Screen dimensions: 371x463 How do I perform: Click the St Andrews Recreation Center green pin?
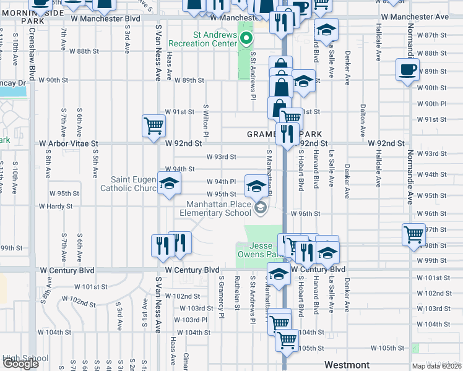click(246, 41)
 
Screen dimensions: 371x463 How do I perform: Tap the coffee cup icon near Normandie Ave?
click(407, 69)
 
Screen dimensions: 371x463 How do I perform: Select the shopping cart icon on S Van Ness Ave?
click(153, 126)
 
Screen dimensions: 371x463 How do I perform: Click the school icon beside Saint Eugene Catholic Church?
click(168, 184)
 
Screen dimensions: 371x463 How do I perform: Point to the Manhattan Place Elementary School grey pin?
click(261, 208)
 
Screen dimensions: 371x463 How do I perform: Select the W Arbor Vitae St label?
click(68, 143)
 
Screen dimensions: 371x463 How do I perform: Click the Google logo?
click(20, 364)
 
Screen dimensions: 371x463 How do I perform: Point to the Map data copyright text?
click(437, 366)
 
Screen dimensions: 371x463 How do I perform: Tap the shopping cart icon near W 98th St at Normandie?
click(413, 234)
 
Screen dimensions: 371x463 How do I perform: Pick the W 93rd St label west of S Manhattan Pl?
click(221, 156)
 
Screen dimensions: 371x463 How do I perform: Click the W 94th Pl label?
click(221, 182)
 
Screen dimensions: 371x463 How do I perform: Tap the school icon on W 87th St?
click(326, 29)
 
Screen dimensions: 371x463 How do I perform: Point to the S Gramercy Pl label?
click(220, 294)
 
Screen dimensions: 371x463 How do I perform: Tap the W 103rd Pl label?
click(191, 320)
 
